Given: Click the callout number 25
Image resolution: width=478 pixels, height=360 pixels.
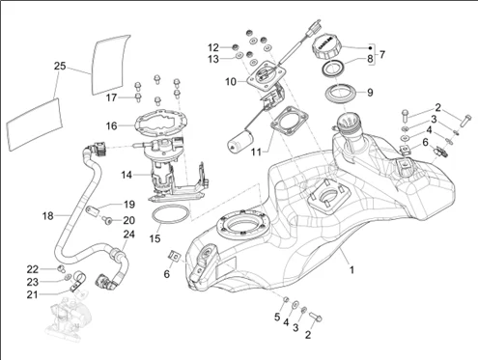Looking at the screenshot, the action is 60,67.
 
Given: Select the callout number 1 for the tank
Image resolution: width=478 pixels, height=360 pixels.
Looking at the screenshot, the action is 351,269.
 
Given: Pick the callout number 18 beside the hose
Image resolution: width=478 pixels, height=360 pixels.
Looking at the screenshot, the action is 48,216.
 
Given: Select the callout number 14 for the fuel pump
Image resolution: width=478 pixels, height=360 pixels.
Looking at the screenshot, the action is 127,175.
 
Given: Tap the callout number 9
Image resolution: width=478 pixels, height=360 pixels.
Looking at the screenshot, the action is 370,93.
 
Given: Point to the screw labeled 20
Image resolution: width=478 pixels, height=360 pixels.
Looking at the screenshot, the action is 107,220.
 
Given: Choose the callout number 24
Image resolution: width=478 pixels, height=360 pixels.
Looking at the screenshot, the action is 129,234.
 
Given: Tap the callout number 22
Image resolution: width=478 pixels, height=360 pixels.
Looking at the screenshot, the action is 33,269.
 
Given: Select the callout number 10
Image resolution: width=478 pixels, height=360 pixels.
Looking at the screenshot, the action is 231,82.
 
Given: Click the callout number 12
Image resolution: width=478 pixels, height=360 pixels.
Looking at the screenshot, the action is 213,47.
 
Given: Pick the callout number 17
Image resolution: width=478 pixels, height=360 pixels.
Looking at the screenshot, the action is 112,97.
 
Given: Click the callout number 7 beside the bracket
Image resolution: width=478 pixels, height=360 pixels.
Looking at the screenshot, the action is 382,54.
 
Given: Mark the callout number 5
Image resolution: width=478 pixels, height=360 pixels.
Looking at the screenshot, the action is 277,317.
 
